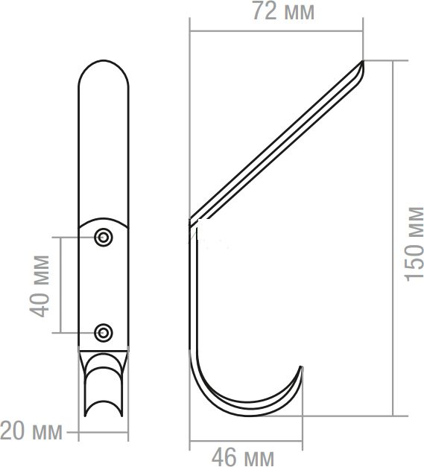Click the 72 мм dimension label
283,12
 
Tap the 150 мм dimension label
414,244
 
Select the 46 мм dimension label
243,457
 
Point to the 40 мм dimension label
39,286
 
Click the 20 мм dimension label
31,431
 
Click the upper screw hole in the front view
104,238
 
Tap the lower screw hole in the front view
104,332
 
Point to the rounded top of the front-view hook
104,61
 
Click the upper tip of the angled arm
363,61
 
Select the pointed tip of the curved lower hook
301,367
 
